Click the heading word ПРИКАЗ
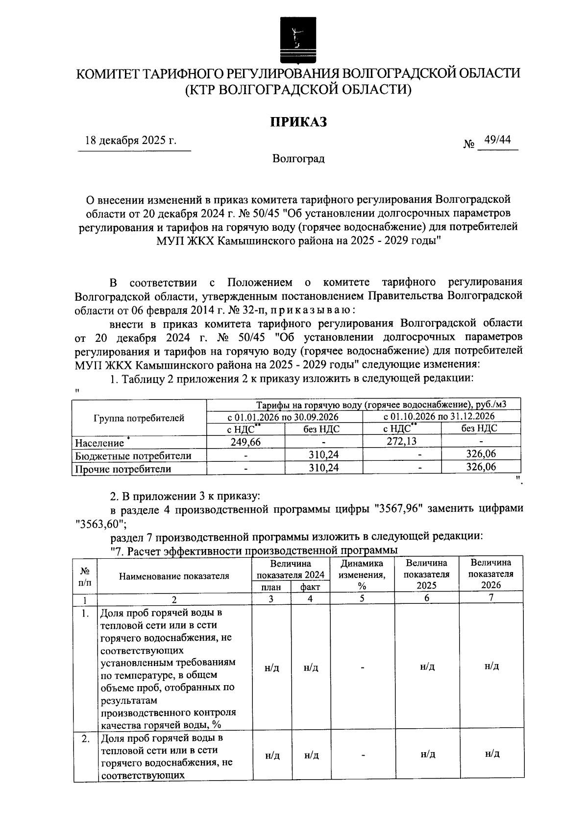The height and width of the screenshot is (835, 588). (x=298, y=122)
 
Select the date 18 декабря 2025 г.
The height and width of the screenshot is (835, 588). (x=131, y=141)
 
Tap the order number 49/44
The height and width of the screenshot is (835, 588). (x=497, y=141)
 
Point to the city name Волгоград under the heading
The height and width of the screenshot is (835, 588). (x=298, y=159)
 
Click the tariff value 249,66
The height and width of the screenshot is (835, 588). (x=245, y=442)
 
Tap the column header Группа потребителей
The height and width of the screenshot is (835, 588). (x=139, y=418)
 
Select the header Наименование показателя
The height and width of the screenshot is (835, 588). (x=174, y=576)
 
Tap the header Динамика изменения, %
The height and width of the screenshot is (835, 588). (x=362, y=574)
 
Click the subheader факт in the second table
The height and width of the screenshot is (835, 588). (x=310, y=587)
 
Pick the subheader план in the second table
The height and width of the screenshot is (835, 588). (x=271, y=587)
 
